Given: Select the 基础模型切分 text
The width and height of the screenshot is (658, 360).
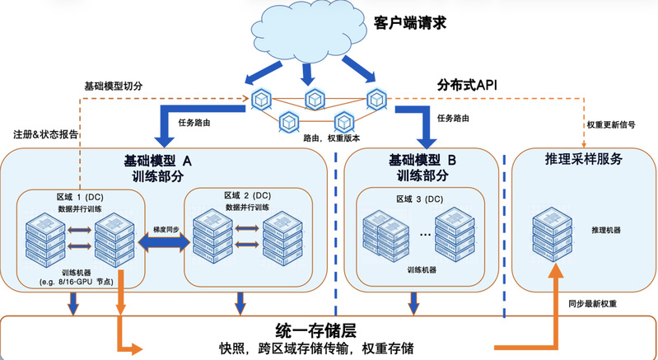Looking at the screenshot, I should pyautogui.click(x=116, y=86).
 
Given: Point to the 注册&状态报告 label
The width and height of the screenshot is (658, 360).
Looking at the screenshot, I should pyautogui.click(x=47, y=134).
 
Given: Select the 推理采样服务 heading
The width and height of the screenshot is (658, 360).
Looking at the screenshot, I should pyautogui.click(x=583, y=158).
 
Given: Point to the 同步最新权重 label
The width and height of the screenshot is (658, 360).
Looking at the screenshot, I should pyautogui.click(x=592, y=304).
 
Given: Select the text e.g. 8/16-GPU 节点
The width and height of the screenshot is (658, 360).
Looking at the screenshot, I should pyautogui.click(x=82, y=283).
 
